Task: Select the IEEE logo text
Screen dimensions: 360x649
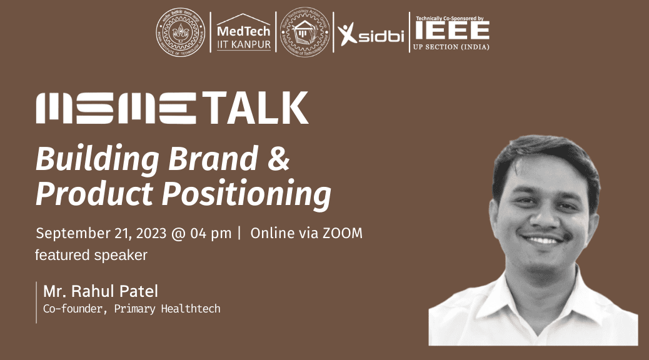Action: [450, 31]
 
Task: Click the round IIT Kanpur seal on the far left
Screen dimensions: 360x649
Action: [180, 33]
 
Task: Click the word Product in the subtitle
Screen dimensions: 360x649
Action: [94, 194]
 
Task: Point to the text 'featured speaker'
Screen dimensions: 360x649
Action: [91, 255]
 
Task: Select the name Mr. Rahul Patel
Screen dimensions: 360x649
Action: [101, 291]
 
